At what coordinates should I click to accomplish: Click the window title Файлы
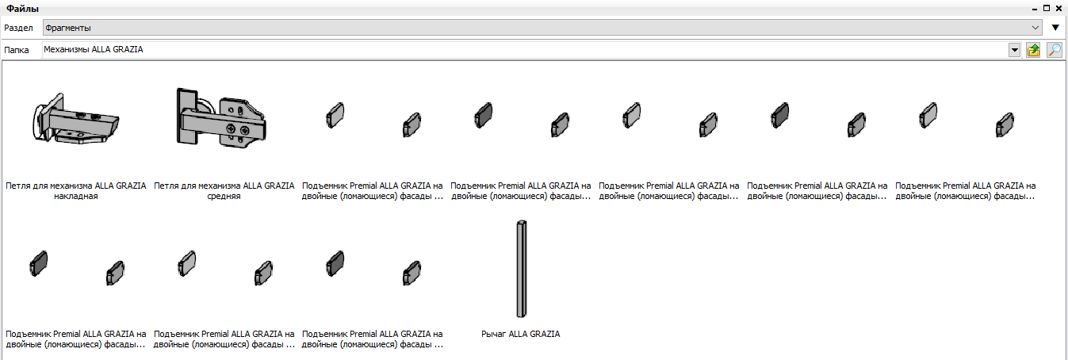(22, 9)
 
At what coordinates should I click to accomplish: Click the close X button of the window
(1059, 8)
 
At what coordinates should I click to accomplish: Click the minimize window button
(1034, 9)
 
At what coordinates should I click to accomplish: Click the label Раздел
(18, 28)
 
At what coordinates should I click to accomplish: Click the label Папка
(16, 50)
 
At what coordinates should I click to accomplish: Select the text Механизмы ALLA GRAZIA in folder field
(94, 50)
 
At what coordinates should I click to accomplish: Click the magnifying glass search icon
(1055, 50)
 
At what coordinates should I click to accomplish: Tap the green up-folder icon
(1033, 50)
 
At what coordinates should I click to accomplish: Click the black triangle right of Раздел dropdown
(1055, 28)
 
